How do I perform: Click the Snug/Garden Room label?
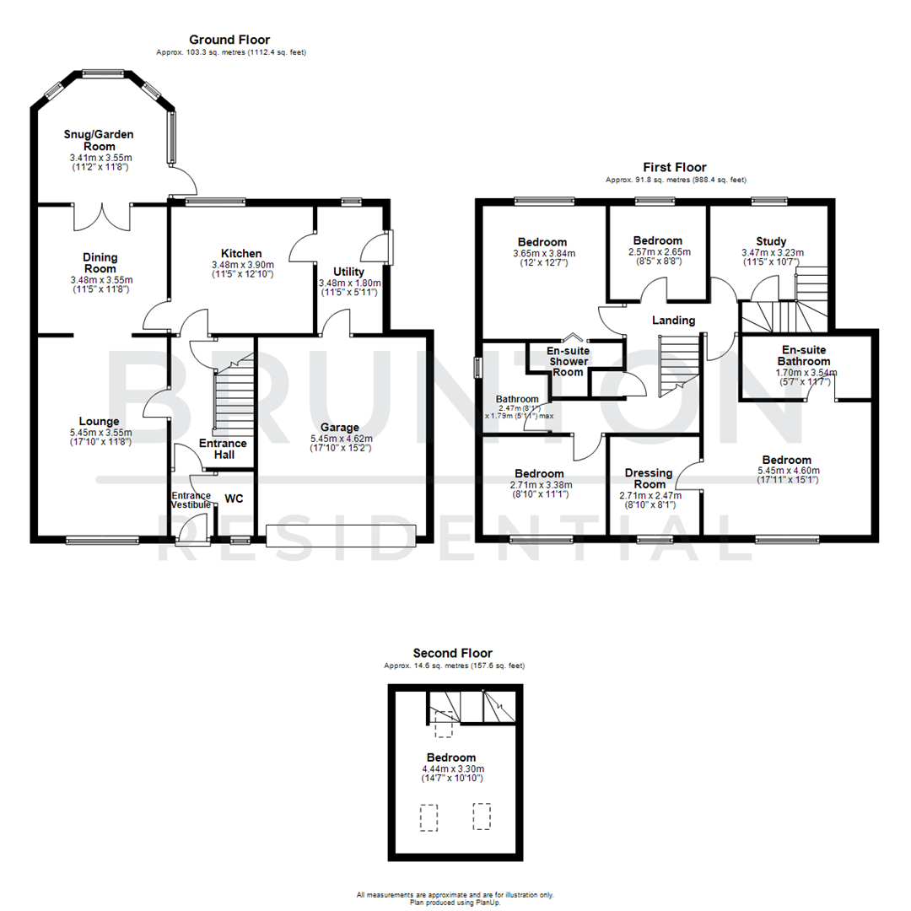click(99, 140)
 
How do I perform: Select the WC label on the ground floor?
click(234, 499)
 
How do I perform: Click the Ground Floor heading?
click(229, 40)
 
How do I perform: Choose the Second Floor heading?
click(453, 653)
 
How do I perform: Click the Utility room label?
click(349, 272)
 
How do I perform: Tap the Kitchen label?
click(241, 253)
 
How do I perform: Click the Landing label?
click(673, 320)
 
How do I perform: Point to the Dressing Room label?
click(649, 478)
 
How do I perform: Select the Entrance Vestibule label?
click(191, 499)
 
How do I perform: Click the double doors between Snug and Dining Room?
click(103, 216)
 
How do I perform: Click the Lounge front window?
click(102, 540)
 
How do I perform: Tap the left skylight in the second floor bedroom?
click(429, 817)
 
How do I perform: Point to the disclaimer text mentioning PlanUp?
click(455, 902)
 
